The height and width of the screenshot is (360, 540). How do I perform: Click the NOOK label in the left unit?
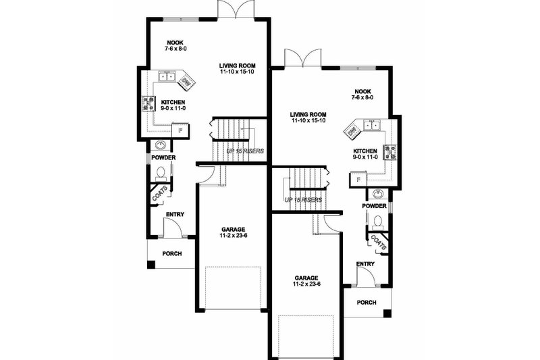(x=165, y=42)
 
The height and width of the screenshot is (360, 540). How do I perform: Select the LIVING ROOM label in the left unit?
(x=236, y=66)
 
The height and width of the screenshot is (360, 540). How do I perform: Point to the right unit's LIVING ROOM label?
(x=308, y=115)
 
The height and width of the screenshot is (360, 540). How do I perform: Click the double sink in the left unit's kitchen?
(x=166, y=76)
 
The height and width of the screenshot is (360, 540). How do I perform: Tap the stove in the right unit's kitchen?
(x=390, y=153)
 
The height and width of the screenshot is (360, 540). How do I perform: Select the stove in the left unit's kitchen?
(x=148, y=103)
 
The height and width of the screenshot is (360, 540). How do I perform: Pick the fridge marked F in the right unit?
(x=356, y=180)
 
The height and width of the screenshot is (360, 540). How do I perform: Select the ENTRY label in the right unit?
(x=365, y=264)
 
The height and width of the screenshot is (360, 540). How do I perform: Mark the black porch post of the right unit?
(x=386, y=313)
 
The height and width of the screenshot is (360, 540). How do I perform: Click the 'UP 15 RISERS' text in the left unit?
(x=244, y=151)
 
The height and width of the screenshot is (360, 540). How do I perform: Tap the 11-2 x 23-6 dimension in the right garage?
(x=306, y=286)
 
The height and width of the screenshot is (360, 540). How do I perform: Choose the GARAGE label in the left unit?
(x=232, y=229)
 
